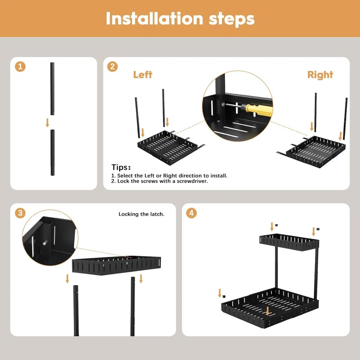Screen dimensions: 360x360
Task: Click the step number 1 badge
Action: tap(20, 67)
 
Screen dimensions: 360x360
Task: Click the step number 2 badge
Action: tap(112, 67)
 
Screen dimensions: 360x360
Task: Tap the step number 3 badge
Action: tap(20, 213)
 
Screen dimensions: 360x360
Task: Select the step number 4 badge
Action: tap(192, 213)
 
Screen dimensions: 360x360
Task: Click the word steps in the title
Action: tap(231, 18)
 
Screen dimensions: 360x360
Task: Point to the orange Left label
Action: tap(143, 75)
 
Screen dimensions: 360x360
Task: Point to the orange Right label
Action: tap(320, 75)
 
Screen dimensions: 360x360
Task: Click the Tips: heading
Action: tap(121, 167)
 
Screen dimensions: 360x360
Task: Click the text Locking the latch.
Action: tap(141, 214)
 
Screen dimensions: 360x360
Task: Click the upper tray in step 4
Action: tap(290, 241)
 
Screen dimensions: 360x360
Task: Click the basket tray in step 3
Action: tap(116, 265)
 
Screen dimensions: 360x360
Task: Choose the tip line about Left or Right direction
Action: tap(169, 175)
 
